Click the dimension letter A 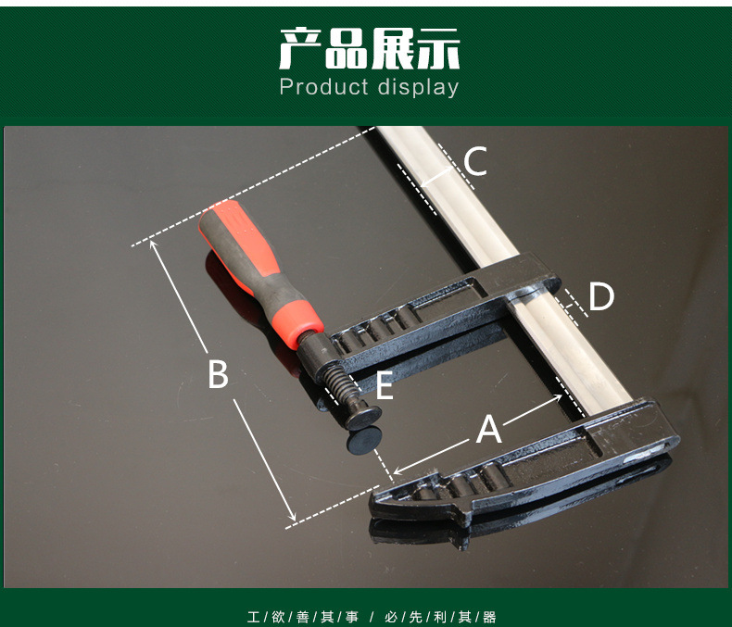point(489,429)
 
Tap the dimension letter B point(218,373)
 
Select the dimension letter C point(475,161)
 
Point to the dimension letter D point(601,296)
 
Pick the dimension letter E point(385,385)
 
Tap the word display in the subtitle point(418,88)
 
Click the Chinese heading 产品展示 point(370,48)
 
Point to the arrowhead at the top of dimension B point(153,244)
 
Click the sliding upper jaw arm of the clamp point(444,312)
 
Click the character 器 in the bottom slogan point(489,617)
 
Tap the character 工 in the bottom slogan point(254,617)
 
